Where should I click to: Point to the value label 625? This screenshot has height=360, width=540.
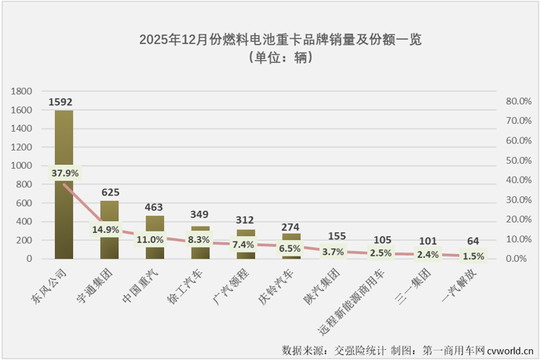point(110,191)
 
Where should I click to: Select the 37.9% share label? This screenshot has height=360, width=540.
point(65,173)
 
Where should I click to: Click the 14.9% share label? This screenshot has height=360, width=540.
point(106,230)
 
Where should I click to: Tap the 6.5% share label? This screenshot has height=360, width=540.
point(292,246)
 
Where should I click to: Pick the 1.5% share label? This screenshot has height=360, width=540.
point(473,256)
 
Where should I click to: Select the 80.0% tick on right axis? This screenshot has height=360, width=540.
point(519,102)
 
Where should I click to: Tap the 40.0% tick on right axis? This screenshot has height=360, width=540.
point(519,180)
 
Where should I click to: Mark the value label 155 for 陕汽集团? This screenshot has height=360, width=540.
point(337,235)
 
